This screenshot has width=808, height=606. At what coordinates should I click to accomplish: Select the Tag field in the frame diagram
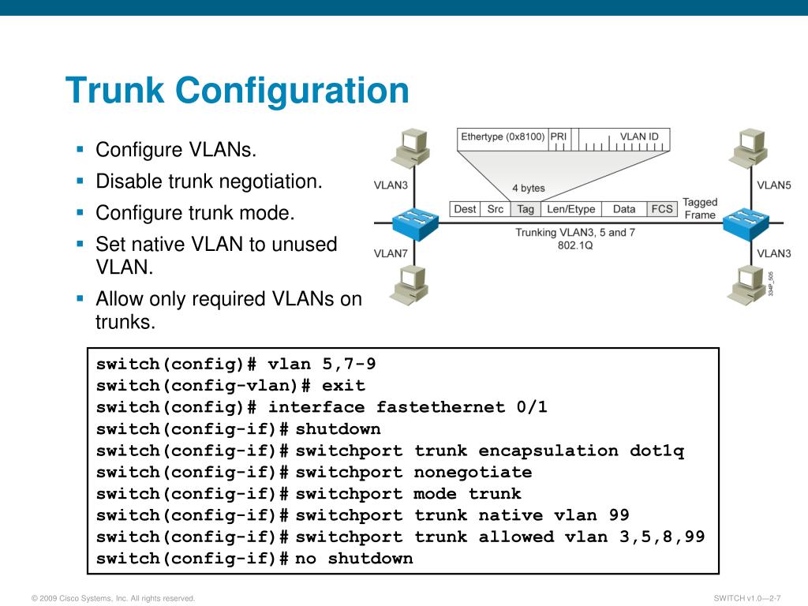tap(525, 209)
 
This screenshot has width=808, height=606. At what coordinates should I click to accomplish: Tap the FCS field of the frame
tap(661, 209)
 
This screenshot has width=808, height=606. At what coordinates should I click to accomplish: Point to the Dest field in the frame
tap(465, 209)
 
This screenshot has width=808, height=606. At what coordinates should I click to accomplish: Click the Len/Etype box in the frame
tap(571, 209)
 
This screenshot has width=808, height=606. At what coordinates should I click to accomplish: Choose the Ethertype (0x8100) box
tap(503, 137)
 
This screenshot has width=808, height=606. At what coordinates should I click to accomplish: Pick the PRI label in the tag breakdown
tap(559, 137)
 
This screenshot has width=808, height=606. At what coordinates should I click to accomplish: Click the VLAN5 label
tap(773, 185)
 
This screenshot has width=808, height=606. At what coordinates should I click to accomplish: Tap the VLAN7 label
tap(390, 253)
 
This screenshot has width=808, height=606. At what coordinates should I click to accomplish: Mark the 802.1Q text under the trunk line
tap(575, 245)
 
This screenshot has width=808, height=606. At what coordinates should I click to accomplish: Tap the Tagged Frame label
tap(699, 208)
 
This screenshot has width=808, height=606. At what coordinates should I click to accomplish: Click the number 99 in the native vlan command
tap(619, 515)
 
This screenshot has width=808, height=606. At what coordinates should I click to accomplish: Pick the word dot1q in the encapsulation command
tap(656, 451)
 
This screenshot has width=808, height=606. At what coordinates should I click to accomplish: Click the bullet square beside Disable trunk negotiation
tap(80, 181)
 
